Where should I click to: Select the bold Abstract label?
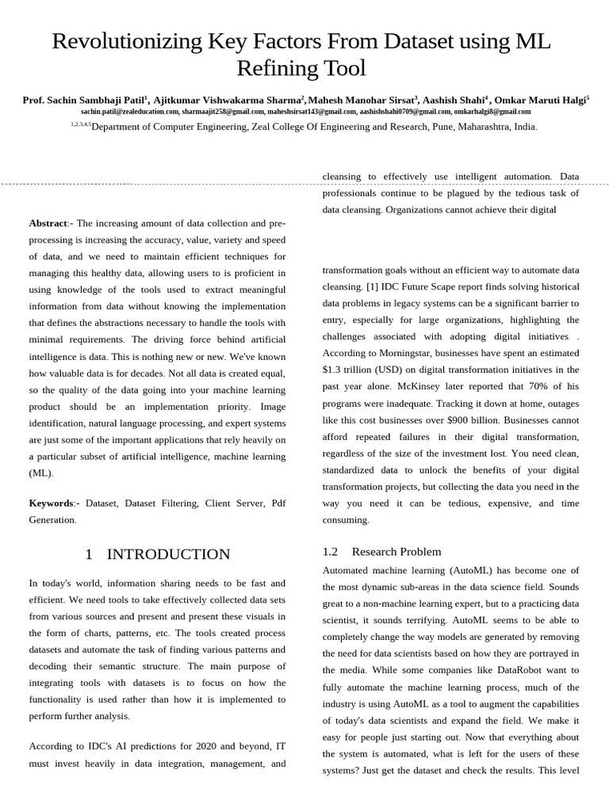coord(48,224)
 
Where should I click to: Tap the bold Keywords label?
coord(52,503)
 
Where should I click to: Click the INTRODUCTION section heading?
coord(168,554)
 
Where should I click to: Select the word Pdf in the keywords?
coord(278,503)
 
